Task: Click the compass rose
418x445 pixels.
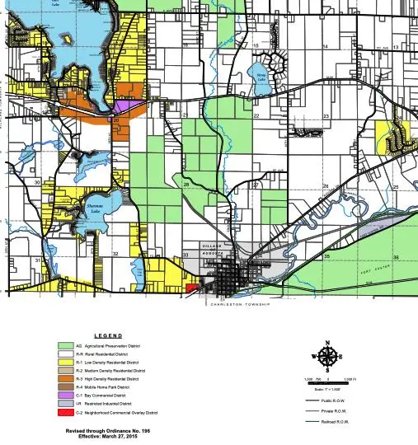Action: pos(326,357)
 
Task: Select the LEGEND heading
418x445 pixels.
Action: pos(108,336)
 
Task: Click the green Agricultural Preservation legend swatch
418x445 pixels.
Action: pos(66,346)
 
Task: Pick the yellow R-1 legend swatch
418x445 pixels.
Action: pos(66,362)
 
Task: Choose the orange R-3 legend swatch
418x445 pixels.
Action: pos(66,378)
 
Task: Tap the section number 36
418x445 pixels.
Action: pos(396,258)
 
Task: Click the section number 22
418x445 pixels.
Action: pos(256,116)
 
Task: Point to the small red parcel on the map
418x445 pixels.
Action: pos(191,288)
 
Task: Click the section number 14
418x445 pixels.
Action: pos(325,46)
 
